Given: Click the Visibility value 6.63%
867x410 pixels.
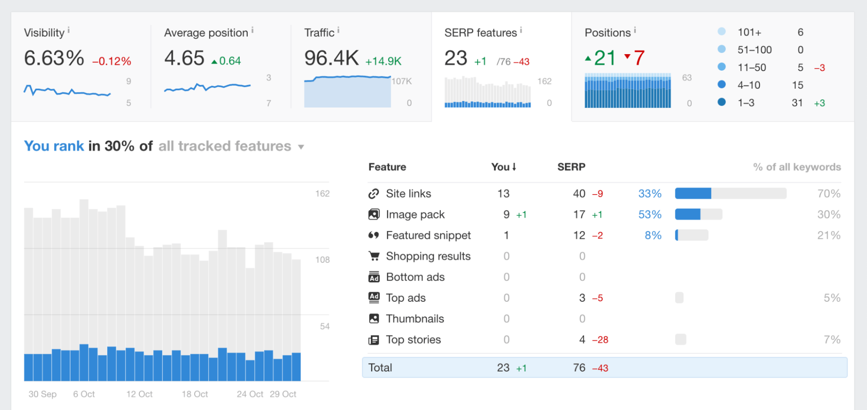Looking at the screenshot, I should [x=54, y=59].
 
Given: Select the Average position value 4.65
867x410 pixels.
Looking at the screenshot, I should [x=184, y=59].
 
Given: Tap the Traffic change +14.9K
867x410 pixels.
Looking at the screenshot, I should [x=383, y=62].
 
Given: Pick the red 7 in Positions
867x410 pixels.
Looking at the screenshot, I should [x=639, y=58].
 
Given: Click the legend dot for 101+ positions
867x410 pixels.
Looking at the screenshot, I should [x=722, y=32].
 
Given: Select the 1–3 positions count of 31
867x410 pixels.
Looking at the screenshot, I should [x=797, y=103].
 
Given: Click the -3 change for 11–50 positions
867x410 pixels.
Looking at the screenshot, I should [x=819, y=68].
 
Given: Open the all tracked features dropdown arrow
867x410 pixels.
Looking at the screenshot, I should [x=301, y=147].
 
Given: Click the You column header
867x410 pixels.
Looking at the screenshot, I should [x=503, y=167].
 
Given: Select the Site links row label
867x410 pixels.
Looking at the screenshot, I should [x=408, y=194].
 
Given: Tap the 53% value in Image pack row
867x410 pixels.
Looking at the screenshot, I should [x=650, y=215].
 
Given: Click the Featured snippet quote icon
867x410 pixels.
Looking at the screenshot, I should [x=373, y=235].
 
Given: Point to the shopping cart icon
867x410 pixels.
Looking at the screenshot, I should [x=373, y=256].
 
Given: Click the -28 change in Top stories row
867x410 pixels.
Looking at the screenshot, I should [x=600, y=340].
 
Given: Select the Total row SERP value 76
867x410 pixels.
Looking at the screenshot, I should [x=579, y=368].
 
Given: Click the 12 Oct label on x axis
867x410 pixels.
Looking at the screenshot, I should [x=139, y=394].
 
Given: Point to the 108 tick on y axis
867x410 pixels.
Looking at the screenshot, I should [x=322, y=260].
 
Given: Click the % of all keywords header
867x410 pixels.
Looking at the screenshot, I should [x=797, y=167].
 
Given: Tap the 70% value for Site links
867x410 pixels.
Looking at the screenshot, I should [x=828, y=194].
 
